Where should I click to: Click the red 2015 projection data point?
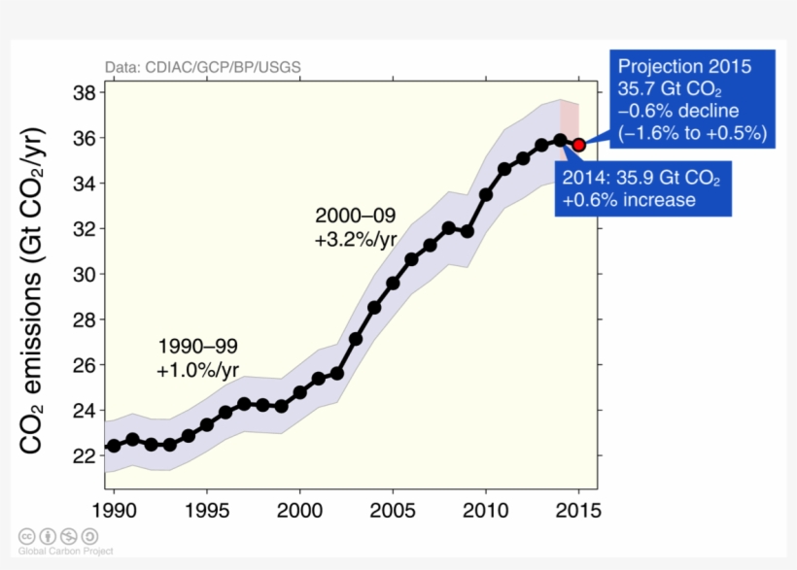[578, 145]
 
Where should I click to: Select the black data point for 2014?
[560, 140]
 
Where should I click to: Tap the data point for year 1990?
[114, 446]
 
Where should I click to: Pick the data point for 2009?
[467, 231]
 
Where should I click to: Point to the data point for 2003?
[356, 339]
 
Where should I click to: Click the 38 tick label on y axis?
[84, 93]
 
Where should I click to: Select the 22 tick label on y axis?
[84, 455]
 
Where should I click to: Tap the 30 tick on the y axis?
[84, 275]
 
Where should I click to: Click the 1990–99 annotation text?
[197, 346]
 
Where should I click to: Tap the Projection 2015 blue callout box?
[691, 99]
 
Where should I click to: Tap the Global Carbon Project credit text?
[64, 551]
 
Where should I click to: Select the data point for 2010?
[486, 194]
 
